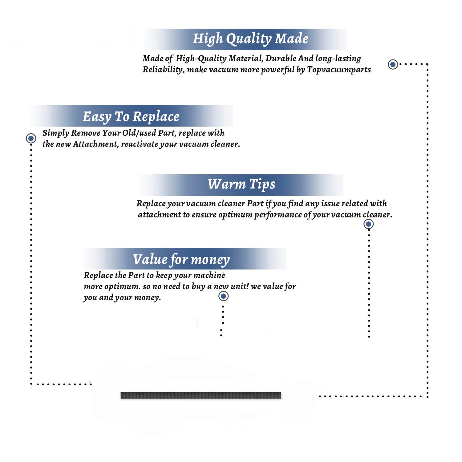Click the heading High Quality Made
(250, 39)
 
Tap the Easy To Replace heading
(131, 117)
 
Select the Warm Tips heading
(241, 184)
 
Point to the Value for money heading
(181, 259)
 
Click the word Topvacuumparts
(339, 70)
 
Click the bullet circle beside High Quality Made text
(393, 64)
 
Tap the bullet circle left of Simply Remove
(31, 138)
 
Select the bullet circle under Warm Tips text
(368, 224)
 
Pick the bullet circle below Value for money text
(223, 296)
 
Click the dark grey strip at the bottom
(201, 395)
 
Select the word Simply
(56, 133)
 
